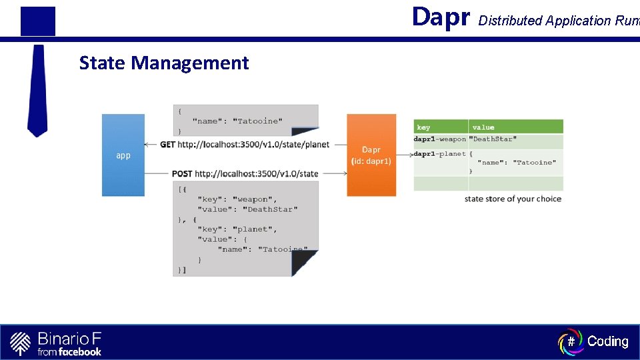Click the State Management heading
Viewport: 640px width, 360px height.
pyautogui.click(x=163, y=63)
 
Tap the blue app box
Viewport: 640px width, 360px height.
pyautogui.click(x=123, y=155)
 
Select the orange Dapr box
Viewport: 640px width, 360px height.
pyautogui.click(x=371, y=155)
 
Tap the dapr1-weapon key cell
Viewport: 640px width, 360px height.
pyautogui.click(x=440, y=139)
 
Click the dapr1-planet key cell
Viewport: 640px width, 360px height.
pyautogui.click(x=440, y=154)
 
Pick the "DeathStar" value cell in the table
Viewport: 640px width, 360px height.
pyautogui.click(x=493, y=139)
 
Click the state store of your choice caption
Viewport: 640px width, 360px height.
pyautogui.click(x=513, y=199)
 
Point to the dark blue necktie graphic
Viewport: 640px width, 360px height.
pyautogui.click(x=37, y=90)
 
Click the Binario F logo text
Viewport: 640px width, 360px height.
pyautogui.click(x=69, y=337)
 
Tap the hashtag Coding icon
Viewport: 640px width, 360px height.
pyautogui.click(x=571, y=341)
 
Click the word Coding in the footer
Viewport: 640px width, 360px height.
pyautogui.click(x=607, y=341)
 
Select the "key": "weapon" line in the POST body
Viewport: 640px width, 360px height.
pyautogui.click(x=237, y=199)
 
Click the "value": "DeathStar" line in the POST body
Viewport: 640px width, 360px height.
pyautogui.click(x=247, y=209)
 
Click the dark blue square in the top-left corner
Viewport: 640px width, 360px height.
pyautogui.click(x=37, y=21)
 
